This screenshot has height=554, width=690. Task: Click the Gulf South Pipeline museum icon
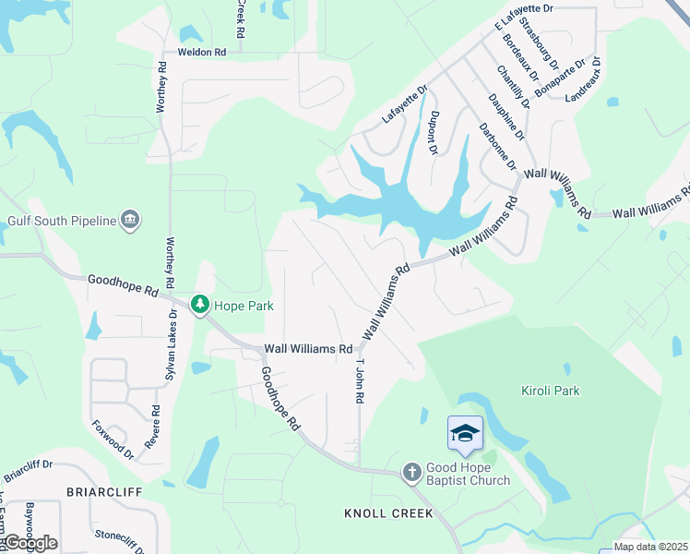pyautogui.click(x=130, y=219)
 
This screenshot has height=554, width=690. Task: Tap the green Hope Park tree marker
pyautogui.click(x=199, y=305)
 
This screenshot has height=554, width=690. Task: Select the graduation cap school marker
pyautogui.click(x=466, y=434)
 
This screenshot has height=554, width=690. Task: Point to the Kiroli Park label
pyautogui.click(x=550, y=391)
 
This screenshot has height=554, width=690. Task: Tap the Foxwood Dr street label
pyautogui.click(x=113, y=441)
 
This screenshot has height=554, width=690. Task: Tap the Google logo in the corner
pyautogui.click(x=30, y=543)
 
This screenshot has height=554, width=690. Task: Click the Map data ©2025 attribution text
pyautogui.click(x=650, y=547)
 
